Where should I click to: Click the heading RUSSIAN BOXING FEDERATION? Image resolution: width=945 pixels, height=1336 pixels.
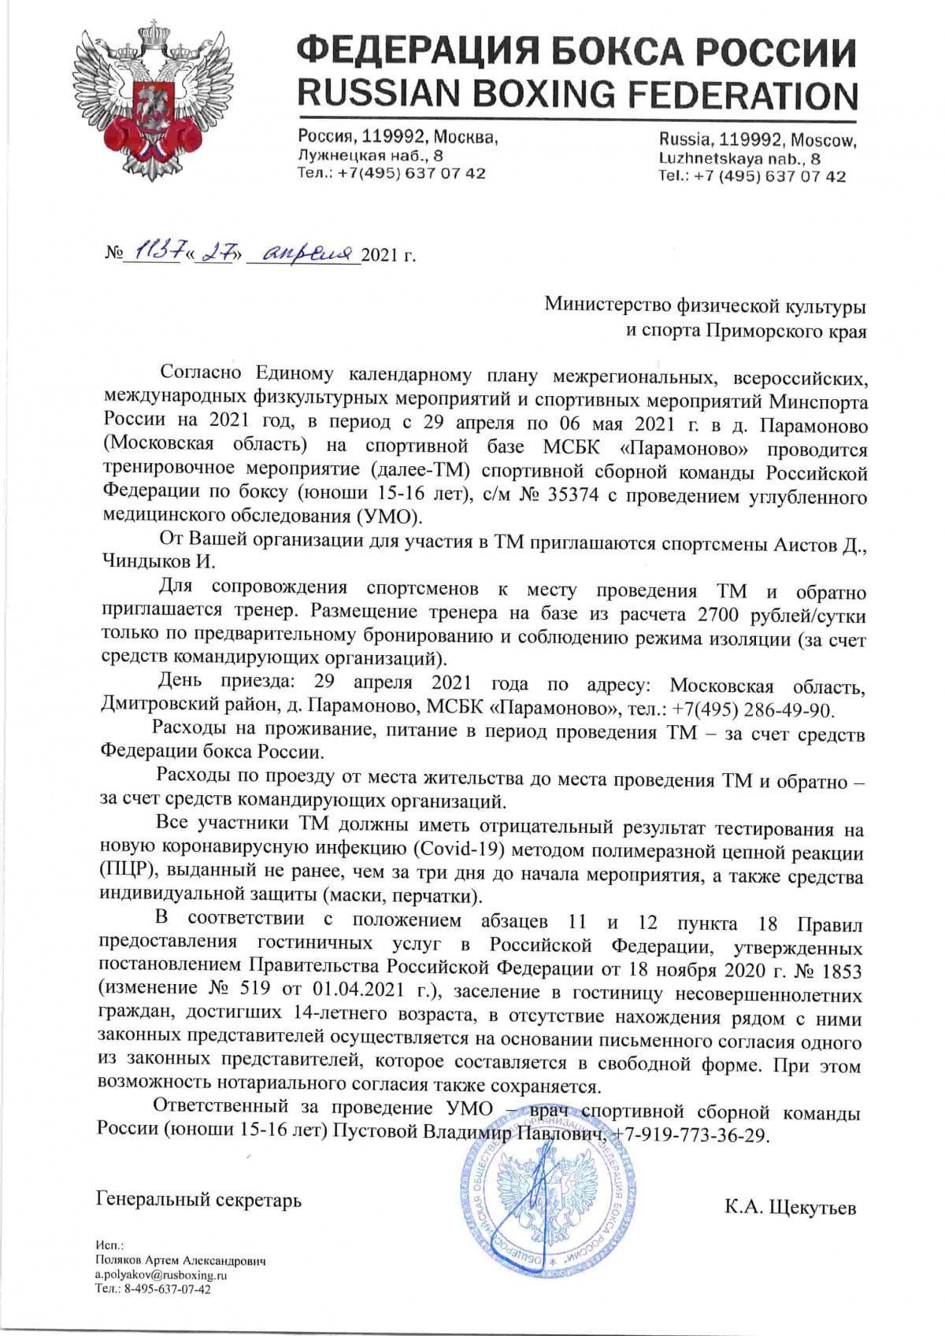(x=576, y=95)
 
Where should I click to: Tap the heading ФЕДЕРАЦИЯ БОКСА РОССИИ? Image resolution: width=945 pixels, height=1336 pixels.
(x=576, y=52)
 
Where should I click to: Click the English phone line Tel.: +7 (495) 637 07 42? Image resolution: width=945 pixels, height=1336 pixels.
(x=752, y=176)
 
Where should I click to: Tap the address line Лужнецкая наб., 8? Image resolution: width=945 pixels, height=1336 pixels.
(x=370, y=156)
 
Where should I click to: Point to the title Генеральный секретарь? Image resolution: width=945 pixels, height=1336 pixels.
(x=199, y=1200)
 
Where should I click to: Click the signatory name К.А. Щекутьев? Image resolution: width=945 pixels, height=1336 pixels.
(x=790, y=1207)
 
